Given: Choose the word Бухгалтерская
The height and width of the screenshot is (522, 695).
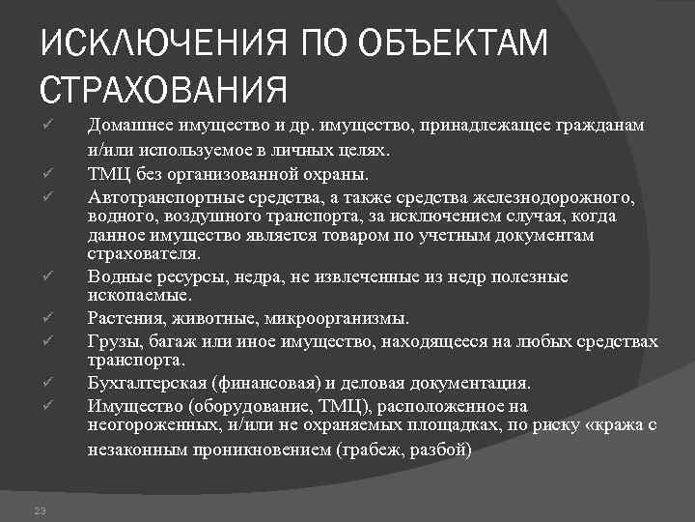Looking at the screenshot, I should [x=146, y=383].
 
